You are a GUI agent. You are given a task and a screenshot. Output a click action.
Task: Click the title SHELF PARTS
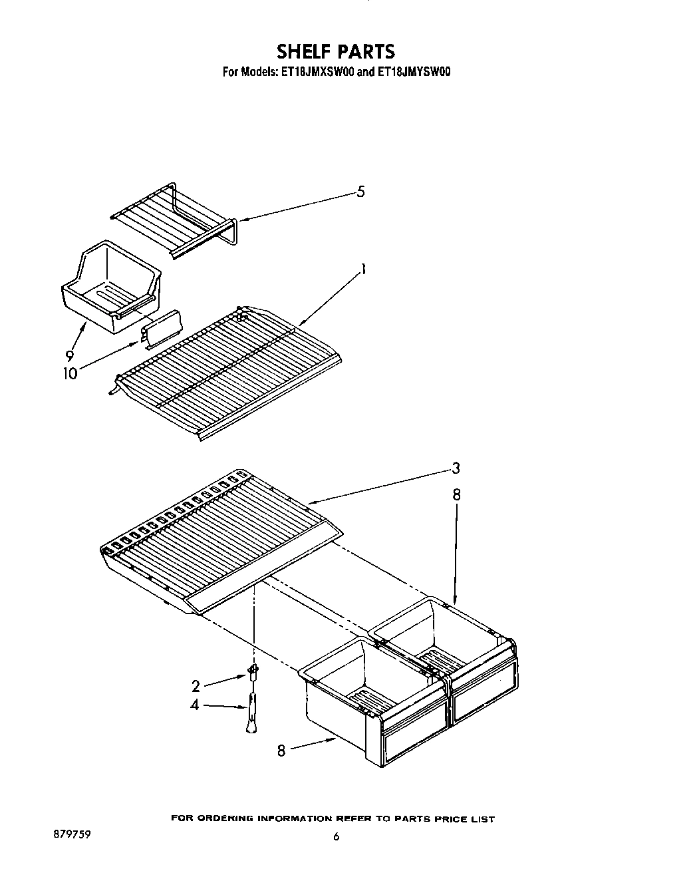coord(336,51)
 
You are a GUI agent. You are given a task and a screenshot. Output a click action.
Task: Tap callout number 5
coord(360,192)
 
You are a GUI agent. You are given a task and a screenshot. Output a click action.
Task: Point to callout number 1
coord(363,269)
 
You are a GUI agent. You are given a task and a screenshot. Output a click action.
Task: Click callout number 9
coord(69,355)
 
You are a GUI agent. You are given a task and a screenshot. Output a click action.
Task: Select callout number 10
coord(70,373)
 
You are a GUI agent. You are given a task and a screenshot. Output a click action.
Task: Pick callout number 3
coord(456,468)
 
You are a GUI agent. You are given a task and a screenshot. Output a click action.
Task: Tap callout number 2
coord(196,686)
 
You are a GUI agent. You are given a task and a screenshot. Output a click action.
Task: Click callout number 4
coord(195,705)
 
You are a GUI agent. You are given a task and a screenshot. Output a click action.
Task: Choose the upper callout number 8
coord(456,495)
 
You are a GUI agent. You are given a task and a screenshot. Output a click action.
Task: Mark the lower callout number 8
coord(282,750)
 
